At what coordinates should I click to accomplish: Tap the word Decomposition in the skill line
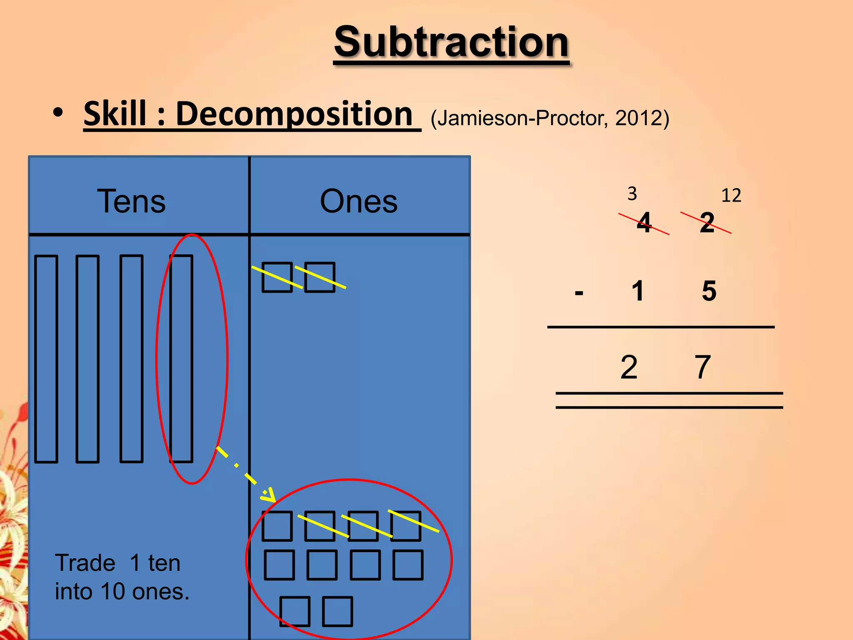294,114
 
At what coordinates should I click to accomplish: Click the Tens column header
131,201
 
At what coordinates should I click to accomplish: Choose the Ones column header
359,201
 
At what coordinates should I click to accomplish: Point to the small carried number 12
731,195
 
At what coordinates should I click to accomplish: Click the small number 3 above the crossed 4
632,194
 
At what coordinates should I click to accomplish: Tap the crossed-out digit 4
644,222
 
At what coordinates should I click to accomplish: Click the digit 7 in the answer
702,367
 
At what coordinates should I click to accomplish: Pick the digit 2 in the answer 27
629,367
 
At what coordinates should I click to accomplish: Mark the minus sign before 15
579,292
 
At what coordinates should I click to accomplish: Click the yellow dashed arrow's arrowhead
269,495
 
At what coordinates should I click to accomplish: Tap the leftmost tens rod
46,359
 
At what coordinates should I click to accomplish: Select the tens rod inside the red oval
181,359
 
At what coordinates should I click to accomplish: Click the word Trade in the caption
85,563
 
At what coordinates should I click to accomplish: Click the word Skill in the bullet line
115,114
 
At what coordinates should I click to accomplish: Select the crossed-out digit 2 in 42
707,222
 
